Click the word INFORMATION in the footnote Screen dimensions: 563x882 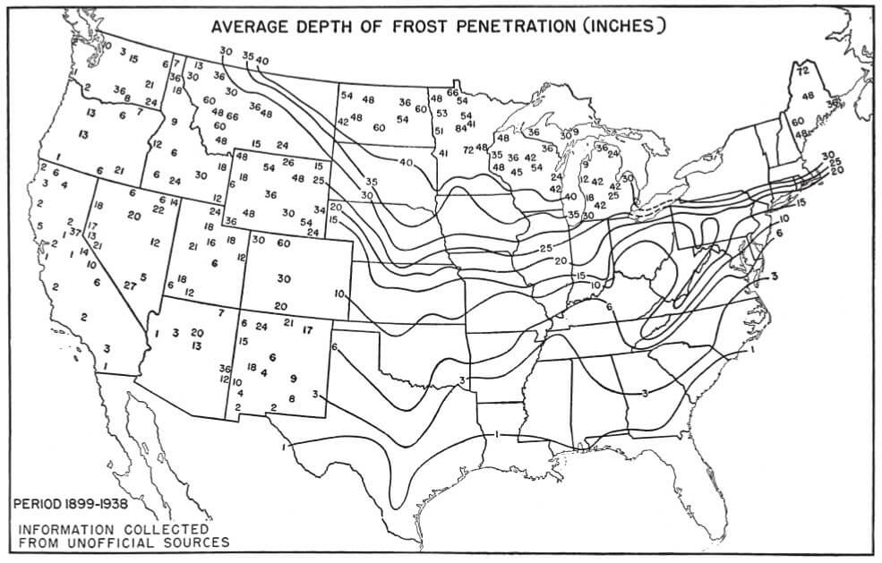pos(67,528)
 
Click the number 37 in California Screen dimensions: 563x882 pos(75,232)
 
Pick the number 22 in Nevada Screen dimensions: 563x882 pos(158,209)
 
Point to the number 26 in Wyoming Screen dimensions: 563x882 pos(287,162)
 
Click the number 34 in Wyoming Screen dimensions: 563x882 pos(319,209)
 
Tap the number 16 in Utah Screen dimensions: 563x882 pos(210,242)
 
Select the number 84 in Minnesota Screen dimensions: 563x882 pos(461,128)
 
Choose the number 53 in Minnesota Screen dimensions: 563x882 pos(441,114)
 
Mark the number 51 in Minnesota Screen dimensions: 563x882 pos(439,131)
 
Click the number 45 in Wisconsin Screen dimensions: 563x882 pos(517,170)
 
